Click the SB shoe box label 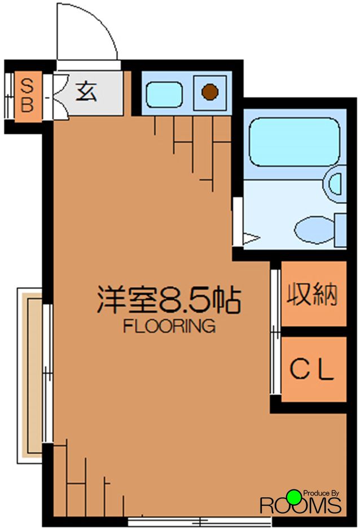(x=27, y=96)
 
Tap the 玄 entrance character (x=86, y=91)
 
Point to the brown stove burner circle (x=210, y=91)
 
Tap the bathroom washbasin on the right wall (x=336, y=183)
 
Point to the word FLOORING (x=169, y=326)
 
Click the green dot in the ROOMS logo (x=293, y=496)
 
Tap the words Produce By (x=322, y=493)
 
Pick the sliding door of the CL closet (x=275, y=364)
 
